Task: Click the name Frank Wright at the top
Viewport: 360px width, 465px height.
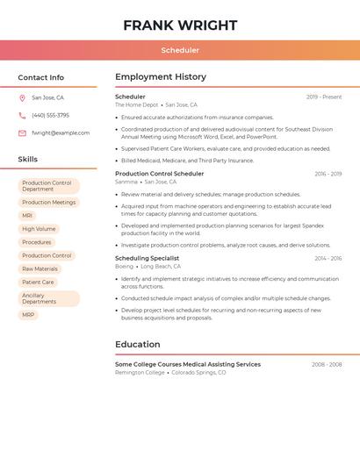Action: point(180,25)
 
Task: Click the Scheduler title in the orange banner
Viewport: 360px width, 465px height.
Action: point(180,50)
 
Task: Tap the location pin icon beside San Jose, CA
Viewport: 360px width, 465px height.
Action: point(22,98)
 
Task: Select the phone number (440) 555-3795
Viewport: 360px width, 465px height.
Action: point(50,115)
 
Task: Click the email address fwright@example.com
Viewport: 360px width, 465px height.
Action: point(61,133)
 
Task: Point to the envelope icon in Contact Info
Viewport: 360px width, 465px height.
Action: point(22,133)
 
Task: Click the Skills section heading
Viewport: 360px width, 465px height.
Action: point(28,160)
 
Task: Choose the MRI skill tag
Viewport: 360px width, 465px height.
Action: point(27,216)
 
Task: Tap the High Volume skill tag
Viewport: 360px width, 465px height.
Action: point(39,229)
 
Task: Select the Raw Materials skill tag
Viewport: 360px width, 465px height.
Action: point(40,269)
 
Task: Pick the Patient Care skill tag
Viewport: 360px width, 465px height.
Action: point(38,283)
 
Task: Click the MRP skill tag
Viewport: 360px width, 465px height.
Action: point(28,315)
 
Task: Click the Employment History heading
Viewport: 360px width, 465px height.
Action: point(161,77)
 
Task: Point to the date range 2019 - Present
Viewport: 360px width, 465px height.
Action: point(324,97)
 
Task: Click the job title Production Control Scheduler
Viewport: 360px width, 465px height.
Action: point(159,174)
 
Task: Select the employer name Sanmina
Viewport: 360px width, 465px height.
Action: point(126,182)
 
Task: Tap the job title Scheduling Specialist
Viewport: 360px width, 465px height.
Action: point(147,258)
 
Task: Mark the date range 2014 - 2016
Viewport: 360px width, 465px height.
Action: point(328,259)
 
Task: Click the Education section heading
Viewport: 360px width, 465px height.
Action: point(138,345)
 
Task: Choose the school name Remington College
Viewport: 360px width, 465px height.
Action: point(140,372)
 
